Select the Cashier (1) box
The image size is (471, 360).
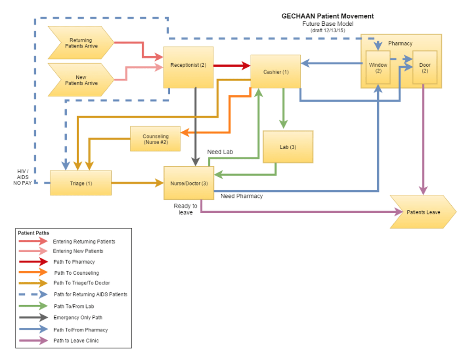click(x=276, y=72)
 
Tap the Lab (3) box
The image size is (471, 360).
click(x=288, y=147)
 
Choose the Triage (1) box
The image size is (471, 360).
click(x=81, y=183)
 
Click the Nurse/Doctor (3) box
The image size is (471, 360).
click(x=189, y=183)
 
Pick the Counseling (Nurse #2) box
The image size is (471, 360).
click(x=155, y=139)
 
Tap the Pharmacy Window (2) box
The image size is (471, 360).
click(x=378, y=67)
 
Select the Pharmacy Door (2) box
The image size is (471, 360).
click(x=425, y=67)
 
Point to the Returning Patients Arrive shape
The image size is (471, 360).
click(x=81, y=43)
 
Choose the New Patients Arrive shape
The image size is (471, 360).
click(x=81, y=80)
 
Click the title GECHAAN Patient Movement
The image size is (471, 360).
click(x=327, y=16)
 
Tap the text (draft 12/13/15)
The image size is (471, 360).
click(x=327, y=30)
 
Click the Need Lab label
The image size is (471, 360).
click(x=220, y=152)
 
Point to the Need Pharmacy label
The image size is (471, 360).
click(x=241, y=196)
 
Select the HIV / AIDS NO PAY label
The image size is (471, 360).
click(x=23, y=177)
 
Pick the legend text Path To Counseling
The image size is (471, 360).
click(x=76, y=273)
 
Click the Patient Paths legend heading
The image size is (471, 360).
click(x=34, y=233)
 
